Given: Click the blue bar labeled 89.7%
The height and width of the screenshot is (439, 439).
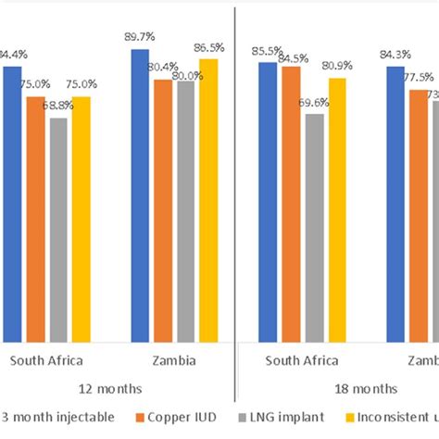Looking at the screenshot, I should point(140,194).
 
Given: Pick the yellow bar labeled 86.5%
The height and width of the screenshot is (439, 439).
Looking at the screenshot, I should point(208,199).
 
